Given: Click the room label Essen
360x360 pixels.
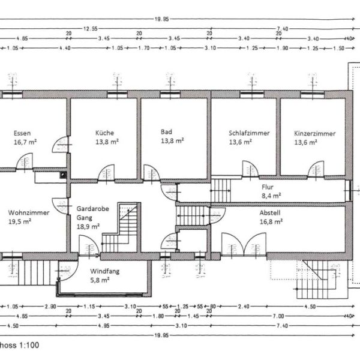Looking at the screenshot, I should point(22,133).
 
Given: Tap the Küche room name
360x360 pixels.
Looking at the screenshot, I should point(104,133).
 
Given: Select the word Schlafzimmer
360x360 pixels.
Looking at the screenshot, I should point(248,133).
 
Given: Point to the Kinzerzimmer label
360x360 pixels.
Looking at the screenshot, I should point(314,133).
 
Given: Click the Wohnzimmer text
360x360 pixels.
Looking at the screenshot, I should point(29,212).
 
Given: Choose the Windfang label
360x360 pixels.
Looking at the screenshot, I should point(104,271).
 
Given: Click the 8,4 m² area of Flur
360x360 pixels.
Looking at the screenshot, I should point(271,195).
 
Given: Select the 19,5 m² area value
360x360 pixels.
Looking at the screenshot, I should point(19,221).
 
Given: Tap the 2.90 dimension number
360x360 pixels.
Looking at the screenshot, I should point(50,306).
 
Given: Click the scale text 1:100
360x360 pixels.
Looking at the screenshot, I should point(27,346).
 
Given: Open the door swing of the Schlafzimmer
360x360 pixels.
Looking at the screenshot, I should point(250,169).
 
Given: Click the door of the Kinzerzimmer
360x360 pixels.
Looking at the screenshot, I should point(316,169).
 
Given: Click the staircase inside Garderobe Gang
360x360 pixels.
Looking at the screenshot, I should point(121,228).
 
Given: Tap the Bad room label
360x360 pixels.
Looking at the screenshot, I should point(167,132).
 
